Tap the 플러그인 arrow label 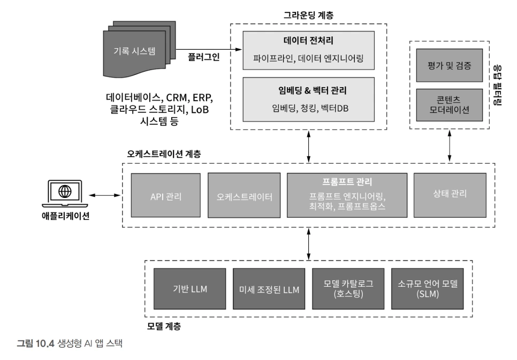[x=204, y=56]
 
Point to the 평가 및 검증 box [x=450, y=66]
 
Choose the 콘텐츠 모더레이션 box [x=450, y=104]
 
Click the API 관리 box [x=166, y=195]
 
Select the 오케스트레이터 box [x=244, y=195]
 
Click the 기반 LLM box [x=189, y=289]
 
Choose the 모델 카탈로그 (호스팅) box [x=348, y=289]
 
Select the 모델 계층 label [x=163, y=326]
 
